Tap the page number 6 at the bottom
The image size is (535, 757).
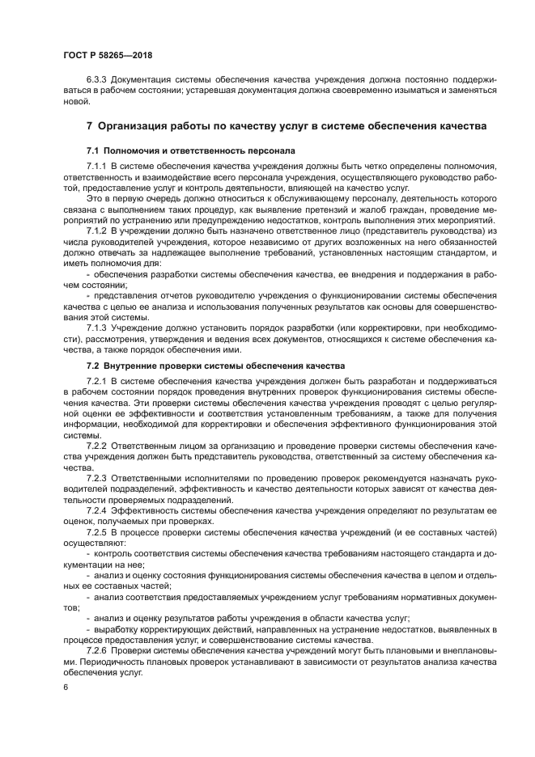[66, 687]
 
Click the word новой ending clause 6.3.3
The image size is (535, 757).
[75, 104]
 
